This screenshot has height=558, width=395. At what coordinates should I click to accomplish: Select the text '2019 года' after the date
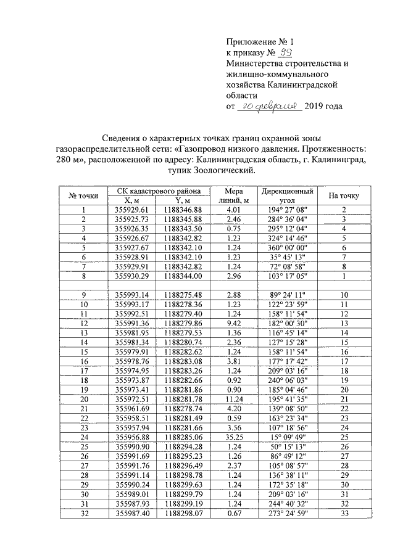[324, 106]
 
